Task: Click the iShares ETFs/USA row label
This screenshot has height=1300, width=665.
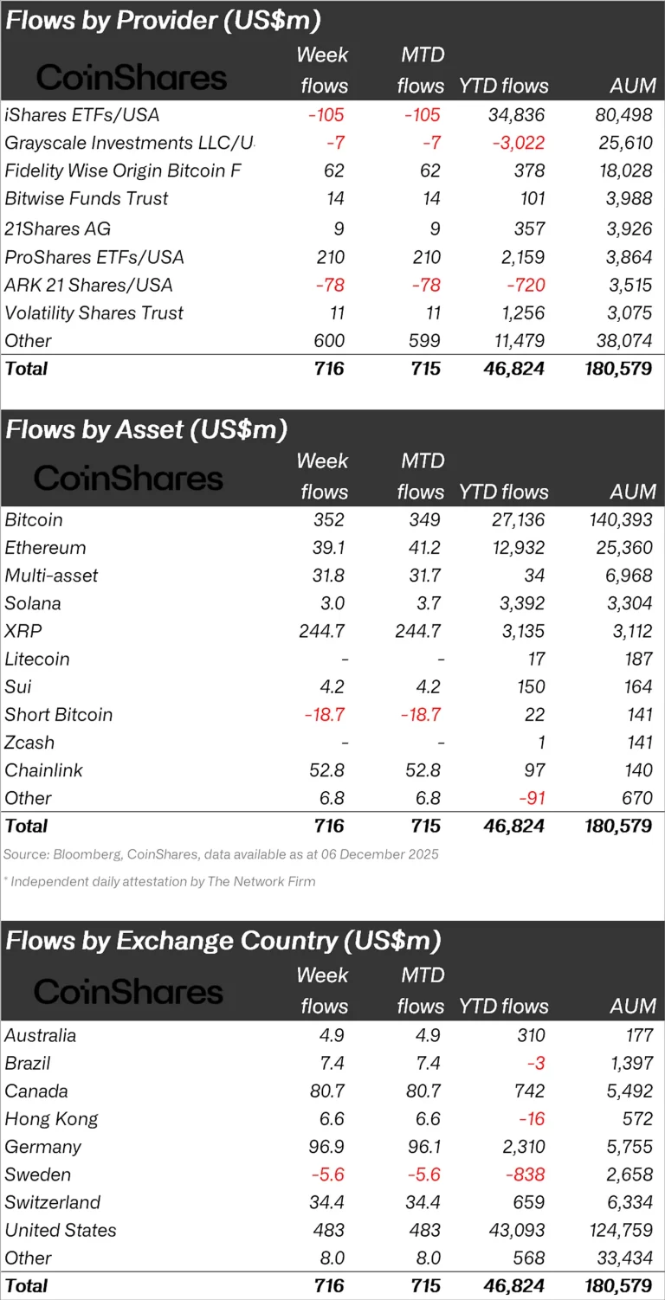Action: coord(82,115)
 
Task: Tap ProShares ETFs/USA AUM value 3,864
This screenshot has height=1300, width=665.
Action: coord(628,257)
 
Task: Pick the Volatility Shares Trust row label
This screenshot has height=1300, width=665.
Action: coord(94,312)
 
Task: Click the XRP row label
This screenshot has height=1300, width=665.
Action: coord(23,631)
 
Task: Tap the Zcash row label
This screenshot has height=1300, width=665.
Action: coord(29,743)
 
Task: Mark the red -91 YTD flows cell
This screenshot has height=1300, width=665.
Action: coord(530,798)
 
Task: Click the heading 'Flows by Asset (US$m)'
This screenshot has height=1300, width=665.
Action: coord(146,429)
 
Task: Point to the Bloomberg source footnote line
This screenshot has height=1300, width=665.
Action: coord(221,854)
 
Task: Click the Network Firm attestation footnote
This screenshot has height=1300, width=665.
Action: coord(159,882)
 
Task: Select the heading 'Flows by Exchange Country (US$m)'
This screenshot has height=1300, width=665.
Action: coord(223,941)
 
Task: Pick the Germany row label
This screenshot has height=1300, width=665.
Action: coord(42,1147)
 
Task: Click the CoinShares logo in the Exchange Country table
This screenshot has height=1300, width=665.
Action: coord(128,991)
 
